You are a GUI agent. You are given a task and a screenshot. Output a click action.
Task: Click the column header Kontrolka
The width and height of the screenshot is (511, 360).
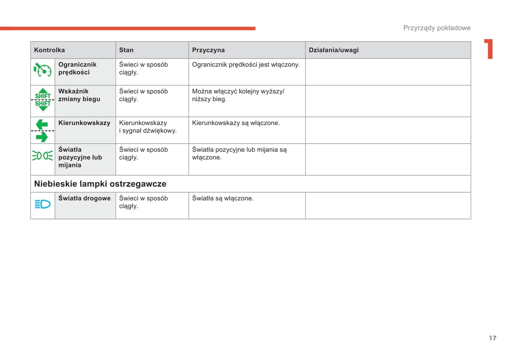click(50, 50)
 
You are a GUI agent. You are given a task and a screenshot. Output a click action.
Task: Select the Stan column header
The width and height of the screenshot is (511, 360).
click(126, 50)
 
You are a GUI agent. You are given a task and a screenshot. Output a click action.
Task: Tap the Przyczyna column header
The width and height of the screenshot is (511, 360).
click(208, 50)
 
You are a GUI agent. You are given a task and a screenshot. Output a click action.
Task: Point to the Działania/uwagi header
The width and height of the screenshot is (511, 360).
click(333, 50)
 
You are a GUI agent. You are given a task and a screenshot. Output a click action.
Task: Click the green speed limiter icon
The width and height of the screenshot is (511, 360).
click(42, 70)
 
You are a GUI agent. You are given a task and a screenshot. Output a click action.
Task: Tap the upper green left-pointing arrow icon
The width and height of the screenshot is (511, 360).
click(42, 124)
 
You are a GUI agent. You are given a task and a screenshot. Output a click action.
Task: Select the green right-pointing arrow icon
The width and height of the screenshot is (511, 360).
click(42, 137)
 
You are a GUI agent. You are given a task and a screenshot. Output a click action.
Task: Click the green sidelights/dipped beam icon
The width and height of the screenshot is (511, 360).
click(42, 155)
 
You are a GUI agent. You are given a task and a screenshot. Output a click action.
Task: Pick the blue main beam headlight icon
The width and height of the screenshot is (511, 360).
click(42, 204)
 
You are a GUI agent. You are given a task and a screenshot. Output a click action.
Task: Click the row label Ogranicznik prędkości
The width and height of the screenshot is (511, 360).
click(77, 69)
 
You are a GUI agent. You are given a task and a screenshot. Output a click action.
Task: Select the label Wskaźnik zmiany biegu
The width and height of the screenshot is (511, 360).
click(79, 95)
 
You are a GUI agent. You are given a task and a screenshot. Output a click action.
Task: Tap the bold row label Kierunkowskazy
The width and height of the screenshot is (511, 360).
click(84, 123)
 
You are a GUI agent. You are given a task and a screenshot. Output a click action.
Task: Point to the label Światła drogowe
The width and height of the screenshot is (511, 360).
click(84, 199)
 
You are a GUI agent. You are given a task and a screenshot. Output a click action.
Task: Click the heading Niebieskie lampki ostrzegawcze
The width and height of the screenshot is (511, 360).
click(100, 184)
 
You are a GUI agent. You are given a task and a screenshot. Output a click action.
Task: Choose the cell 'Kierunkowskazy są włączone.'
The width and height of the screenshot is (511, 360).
click(236, 123)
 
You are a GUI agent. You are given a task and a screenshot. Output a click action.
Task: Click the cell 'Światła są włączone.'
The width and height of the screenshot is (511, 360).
click(223, 199)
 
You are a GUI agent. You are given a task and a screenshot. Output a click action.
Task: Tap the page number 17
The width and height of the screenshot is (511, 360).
click(493, 338)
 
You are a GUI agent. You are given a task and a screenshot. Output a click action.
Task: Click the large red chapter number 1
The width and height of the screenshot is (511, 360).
click(489, 49)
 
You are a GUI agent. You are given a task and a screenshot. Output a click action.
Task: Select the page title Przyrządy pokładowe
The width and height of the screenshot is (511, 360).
click(437, 28)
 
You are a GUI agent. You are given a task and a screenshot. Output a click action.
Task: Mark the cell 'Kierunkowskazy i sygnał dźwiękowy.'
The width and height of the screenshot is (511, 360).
click(148, 127)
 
